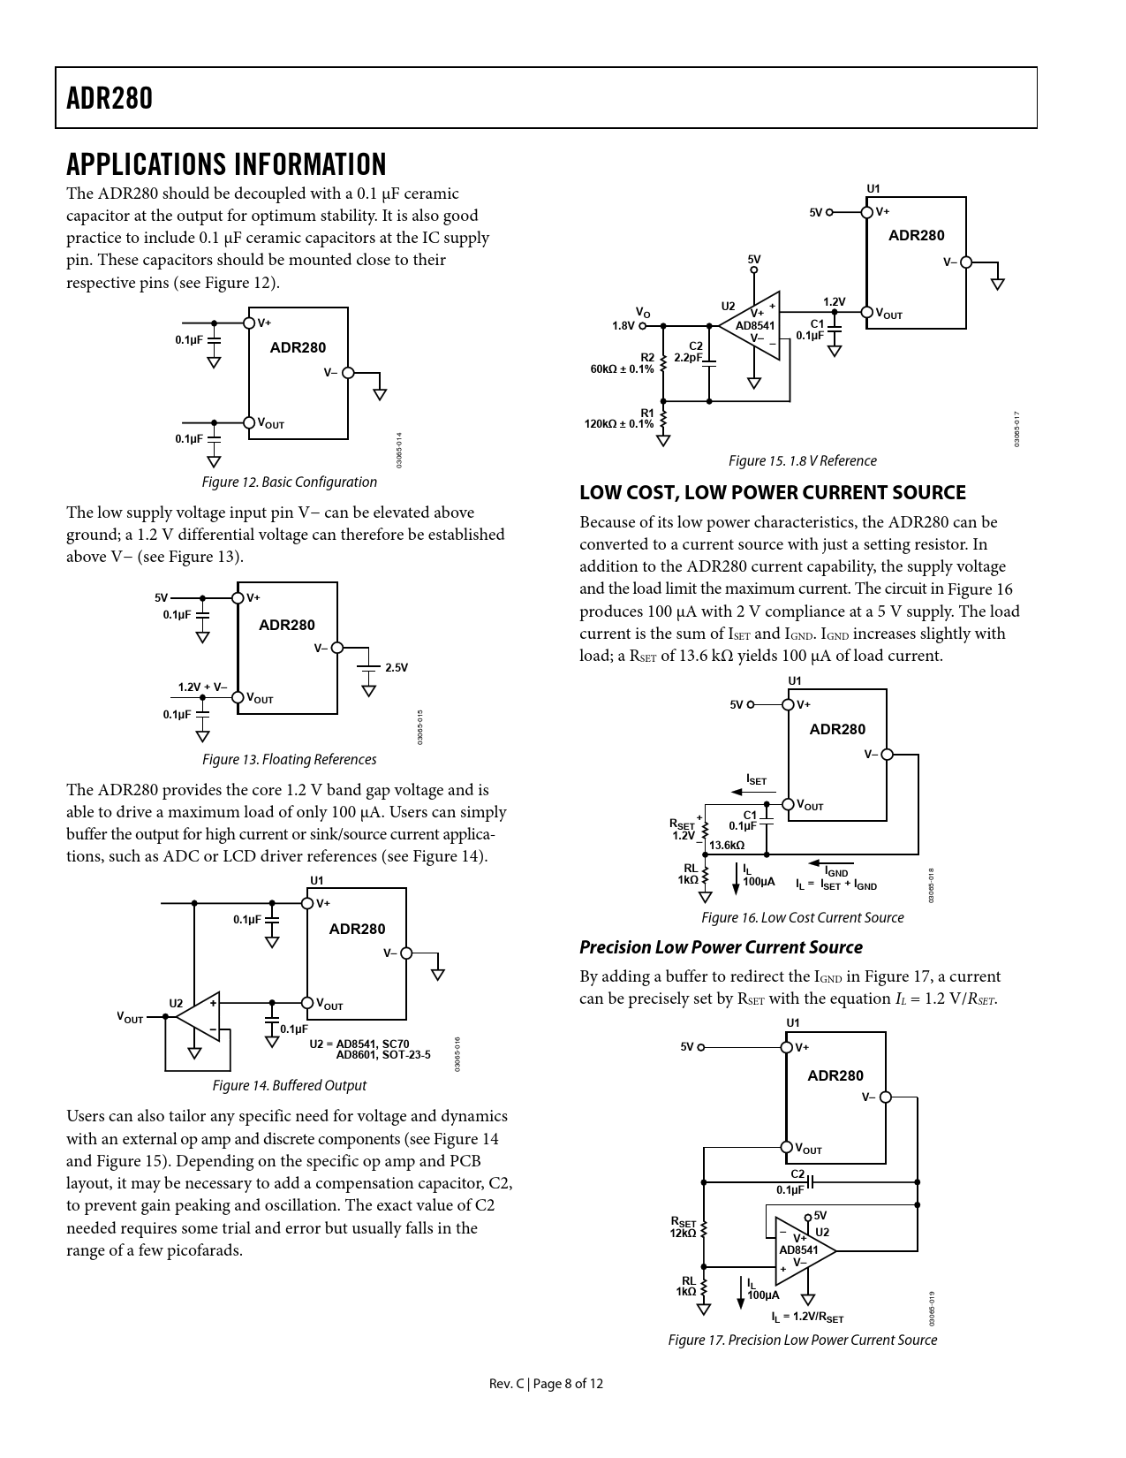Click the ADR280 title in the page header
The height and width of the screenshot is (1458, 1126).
(110, 98)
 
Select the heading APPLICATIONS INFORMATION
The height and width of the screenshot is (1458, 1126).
(226, 164)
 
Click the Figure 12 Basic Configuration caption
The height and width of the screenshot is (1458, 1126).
(289, 482)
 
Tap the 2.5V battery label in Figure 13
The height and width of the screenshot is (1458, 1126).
(397, 667)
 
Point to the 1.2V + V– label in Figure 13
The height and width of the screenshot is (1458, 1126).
(202, 687)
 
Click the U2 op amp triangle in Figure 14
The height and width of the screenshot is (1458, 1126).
(200, 1016)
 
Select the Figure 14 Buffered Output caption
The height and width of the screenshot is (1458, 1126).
(289, 1085)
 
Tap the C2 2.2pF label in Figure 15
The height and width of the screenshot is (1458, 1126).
(689, 352)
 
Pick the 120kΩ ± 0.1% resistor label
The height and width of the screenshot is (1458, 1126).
(619, 423)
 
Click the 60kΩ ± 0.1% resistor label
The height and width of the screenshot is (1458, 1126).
(623, 368)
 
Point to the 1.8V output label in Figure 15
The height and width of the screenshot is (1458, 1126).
(623, 325)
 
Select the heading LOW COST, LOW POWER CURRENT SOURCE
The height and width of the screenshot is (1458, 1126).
(773, 493)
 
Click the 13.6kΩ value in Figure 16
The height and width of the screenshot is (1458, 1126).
(727, 845)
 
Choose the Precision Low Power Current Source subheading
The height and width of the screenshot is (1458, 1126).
(721, 947)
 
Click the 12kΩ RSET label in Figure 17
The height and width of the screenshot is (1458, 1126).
(684, 1233)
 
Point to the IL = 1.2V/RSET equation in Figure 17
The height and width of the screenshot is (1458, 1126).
(807, 1317)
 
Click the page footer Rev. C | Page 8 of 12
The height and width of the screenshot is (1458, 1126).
(547, 1384)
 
